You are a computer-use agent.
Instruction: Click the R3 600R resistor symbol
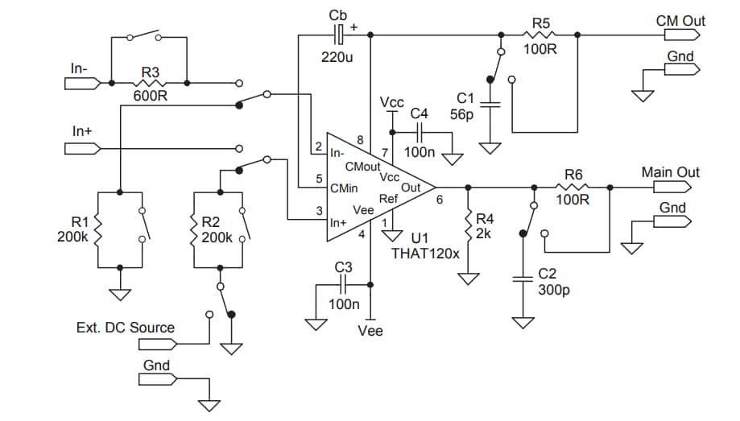(x=150, y=83)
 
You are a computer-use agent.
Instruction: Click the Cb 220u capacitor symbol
(x=339, y=34)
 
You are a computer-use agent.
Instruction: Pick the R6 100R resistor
(x=573, y=186)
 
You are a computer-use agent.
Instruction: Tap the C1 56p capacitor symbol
(x=489, y=102)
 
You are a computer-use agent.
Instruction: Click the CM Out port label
(x=680, y=20)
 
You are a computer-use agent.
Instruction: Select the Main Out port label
(x=670, y=172)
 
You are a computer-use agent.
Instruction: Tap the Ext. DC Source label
(x=125, y=328)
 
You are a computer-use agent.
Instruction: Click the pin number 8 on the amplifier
(x=360, y=140)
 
